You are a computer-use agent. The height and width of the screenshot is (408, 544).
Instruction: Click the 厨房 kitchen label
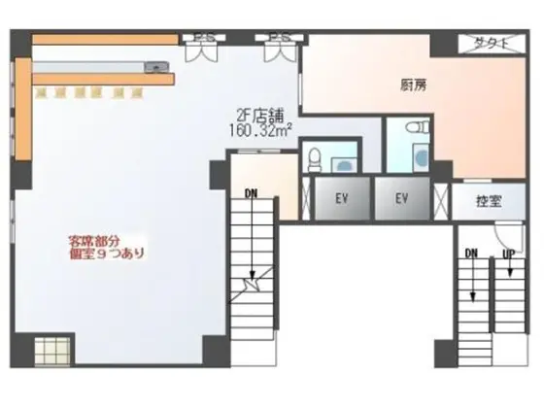click(x=414, y=85)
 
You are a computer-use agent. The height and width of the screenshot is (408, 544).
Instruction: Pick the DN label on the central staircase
click(x=252, y=192)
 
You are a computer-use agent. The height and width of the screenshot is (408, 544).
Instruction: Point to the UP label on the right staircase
click(x=508, y=254)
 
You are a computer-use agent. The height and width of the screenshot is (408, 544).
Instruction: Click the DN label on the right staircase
click(x=472, y=254)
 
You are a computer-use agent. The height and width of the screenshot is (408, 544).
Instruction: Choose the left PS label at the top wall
click(x=206, y=39)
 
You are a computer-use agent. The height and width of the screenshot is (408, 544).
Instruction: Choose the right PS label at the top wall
click(x=280, y=39)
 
